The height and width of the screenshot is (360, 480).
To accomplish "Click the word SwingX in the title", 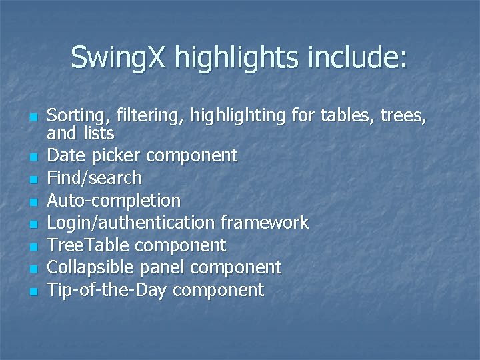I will pos(119,57).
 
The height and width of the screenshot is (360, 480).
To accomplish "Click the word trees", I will pos(403,117).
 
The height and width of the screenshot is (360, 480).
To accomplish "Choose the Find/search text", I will pos(95,178).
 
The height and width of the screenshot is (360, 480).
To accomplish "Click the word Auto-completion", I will pos(114,201).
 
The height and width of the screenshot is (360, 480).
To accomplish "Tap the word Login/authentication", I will pos(131,223).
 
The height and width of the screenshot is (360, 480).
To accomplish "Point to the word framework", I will pos(265,223).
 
